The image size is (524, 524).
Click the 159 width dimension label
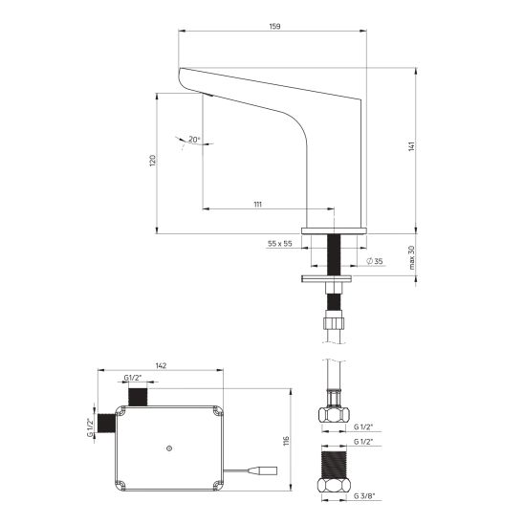point(274,26)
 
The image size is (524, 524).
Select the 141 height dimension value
point(411,146)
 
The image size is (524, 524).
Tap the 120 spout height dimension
point(152,161)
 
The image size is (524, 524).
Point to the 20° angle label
point(194,139)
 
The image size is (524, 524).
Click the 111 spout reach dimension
point(257,205)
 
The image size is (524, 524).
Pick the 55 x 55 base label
point(280,244)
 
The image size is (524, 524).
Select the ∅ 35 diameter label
point(375,261)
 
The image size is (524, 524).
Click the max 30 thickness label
point(411,257)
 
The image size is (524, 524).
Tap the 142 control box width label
point(161,365)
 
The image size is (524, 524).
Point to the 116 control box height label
point(286,441)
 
